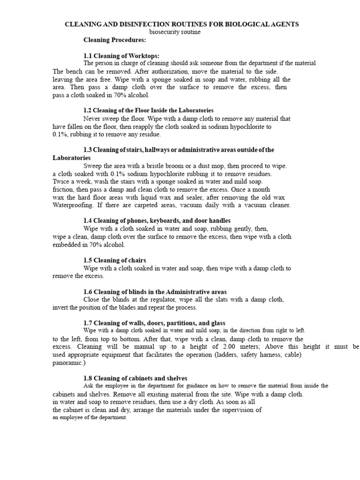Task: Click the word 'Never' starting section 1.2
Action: [92, 119]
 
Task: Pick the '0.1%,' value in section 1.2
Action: [61, 135]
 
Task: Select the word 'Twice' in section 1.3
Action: [61, 182]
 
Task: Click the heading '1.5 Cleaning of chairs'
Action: [115, 260]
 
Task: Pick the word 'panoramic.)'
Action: [69, 362]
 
